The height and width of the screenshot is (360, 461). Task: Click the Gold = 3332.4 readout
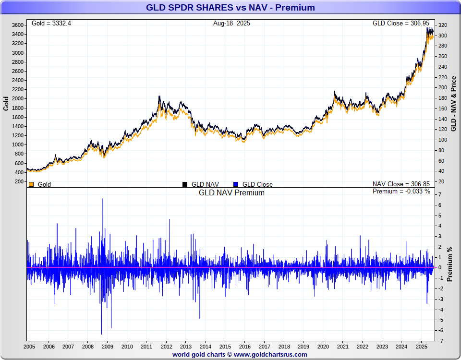click(51, 23)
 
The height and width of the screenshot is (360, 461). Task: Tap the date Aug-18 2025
click(231, 23)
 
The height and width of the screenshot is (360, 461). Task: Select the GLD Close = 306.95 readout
click(403, 23)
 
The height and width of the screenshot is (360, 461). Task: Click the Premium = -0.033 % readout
click(401, 192)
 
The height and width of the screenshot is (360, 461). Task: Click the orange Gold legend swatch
click(31, 184)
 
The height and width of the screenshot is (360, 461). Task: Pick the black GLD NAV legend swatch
click(184, 184)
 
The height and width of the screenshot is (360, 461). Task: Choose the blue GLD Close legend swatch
click(235, 184)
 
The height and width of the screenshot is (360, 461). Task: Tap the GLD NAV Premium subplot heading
click(231, 192)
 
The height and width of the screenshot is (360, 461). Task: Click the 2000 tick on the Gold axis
click(18, 98)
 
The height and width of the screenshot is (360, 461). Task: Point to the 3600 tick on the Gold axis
click(18, 25)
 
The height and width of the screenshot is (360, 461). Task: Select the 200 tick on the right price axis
click(442, 87)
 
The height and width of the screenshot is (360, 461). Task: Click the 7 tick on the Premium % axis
click(440, 194)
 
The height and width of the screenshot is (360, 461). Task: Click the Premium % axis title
click(450, 264)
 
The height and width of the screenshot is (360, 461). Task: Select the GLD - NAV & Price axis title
click(453, 103)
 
